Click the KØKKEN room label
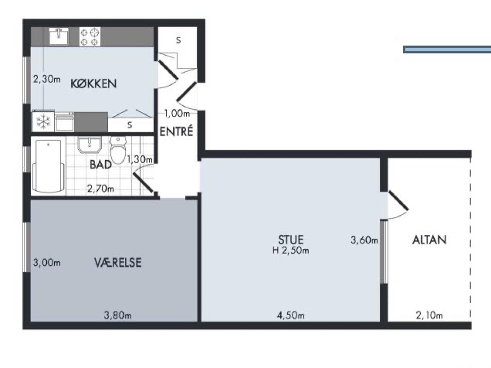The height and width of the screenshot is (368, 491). (x=93, y=83)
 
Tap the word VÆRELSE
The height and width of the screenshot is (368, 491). (x=118, y=262)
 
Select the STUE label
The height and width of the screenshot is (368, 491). (x=290, y=240)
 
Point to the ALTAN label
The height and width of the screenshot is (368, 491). (x=429, y=240)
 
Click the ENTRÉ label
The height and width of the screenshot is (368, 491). (x=176, y=131)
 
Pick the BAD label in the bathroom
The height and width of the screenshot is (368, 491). (x=100, y=165)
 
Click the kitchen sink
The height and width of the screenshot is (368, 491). (x=59, y=36)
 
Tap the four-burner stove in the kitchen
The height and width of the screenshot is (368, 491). (x=90, y=36)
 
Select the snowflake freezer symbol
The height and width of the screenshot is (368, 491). (x=43, y=121)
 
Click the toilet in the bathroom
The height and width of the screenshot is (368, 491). (x=118, y=150)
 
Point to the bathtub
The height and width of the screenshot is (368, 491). (x=49, y=165)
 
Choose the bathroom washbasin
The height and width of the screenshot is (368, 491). (x=90, y=145)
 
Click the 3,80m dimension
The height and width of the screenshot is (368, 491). (x=118, y=315)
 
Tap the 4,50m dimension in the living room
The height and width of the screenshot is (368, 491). (x=290, y=315)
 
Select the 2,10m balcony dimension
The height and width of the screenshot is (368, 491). (x=429, y=315)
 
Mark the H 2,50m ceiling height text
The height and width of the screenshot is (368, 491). (x=290, y=250)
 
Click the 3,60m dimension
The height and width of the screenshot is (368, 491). (x=364, y=240)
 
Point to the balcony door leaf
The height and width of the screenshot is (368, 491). (x=398, y=200)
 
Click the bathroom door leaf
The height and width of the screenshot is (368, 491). (x=143, y=182)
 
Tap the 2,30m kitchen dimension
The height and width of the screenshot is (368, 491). (x=47, y=79)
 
